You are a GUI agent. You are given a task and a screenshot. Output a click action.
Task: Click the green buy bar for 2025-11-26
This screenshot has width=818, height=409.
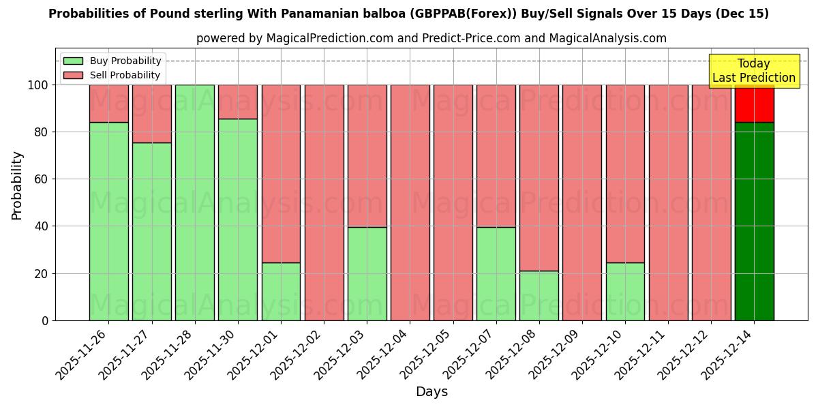tap(109, 221)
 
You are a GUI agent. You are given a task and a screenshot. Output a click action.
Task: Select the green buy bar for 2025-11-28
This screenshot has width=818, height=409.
tap(195, 202)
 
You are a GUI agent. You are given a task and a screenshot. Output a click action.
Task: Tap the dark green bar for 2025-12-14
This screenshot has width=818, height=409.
tap(754, 221)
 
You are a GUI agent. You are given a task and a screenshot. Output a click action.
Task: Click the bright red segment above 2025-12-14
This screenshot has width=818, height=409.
tap(754, 104)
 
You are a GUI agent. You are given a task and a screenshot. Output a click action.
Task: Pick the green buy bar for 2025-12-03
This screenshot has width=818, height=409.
tap(367, 273)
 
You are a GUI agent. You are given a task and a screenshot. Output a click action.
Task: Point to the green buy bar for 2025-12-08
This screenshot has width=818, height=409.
tap(539, 295)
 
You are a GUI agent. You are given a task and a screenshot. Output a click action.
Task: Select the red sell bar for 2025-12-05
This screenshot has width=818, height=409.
tap(453, 202)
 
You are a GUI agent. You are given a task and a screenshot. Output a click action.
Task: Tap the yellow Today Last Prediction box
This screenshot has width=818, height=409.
tap(753, 71)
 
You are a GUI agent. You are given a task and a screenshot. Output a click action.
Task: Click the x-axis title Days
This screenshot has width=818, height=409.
tap(431, 392)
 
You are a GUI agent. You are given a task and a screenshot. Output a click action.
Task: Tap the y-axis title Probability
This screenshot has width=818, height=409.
tap(17, 185)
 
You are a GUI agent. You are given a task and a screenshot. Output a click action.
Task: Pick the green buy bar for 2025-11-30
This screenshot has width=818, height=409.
tap(238, 219)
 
